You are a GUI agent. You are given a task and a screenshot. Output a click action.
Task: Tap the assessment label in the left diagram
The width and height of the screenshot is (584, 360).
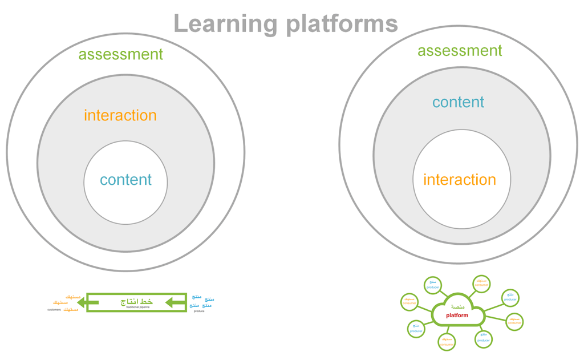(121, 54)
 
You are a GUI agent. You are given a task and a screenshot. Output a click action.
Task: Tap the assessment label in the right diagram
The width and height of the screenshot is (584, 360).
(460, 51)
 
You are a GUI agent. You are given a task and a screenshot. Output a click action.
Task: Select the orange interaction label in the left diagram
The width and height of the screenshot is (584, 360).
(120, 115)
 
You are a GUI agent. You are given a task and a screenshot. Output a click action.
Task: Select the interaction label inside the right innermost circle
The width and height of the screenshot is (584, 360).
(460, 180)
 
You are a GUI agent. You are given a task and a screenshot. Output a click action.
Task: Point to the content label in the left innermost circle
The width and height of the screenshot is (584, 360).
(125, 180)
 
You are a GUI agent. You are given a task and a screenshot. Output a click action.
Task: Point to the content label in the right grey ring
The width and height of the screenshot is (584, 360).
(458, 102)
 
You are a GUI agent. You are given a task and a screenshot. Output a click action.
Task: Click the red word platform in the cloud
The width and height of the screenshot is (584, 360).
(457, 315)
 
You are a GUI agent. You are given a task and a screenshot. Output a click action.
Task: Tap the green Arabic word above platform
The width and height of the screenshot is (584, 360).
(457, 307)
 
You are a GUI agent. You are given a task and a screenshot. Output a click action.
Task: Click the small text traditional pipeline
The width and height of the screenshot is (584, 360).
(138, 308)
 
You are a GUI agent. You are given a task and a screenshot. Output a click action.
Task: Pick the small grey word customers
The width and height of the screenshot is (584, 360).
(54, 310)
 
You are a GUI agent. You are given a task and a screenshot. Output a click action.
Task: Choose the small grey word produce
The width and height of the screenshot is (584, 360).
(199, 311)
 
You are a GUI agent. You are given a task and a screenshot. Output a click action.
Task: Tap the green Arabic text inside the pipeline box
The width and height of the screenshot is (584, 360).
(137, 301)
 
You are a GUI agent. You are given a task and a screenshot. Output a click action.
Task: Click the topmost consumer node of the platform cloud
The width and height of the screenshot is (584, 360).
(481, 283)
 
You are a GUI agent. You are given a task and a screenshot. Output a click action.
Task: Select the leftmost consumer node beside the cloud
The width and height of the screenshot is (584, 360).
(409, 301)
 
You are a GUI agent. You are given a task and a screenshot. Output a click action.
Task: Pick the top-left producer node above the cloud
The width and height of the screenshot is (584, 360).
(433, 285)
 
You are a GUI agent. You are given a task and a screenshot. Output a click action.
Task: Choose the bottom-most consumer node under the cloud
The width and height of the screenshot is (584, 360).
(447, 342)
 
